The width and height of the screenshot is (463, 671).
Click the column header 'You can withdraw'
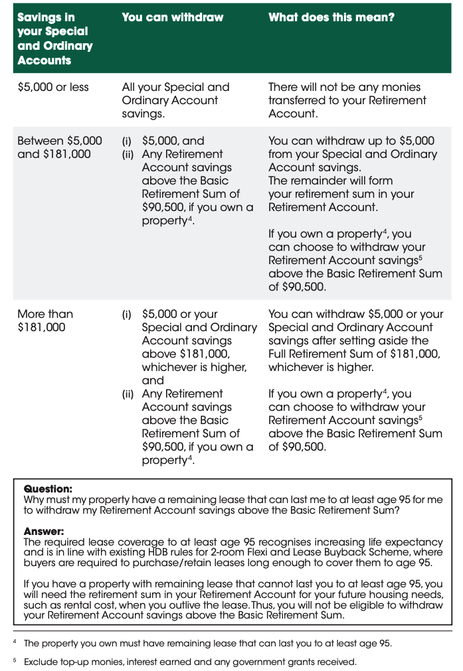[x=173, y=17]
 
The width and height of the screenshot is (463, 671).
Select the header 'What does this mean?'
[x=331, y=17]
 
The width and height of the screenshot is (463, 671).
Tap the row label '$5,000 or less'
[x=52, y=87]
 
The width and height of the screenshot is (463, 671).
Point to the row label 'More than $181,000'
[x=45, y=320]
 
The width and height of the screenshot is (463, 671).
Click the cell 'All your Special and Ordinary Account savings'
[x=175, y=100]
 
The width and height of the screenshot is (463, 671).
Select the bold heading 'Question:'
[x=48, y=489]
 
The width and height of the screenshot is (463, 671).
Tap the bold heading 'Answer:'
[x=44, y=532]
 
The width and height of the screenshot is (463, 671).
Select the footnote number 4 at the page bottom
[x=15, y=643]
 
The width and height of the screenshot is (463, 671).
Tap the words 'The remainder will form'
[x=330, y=181]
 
